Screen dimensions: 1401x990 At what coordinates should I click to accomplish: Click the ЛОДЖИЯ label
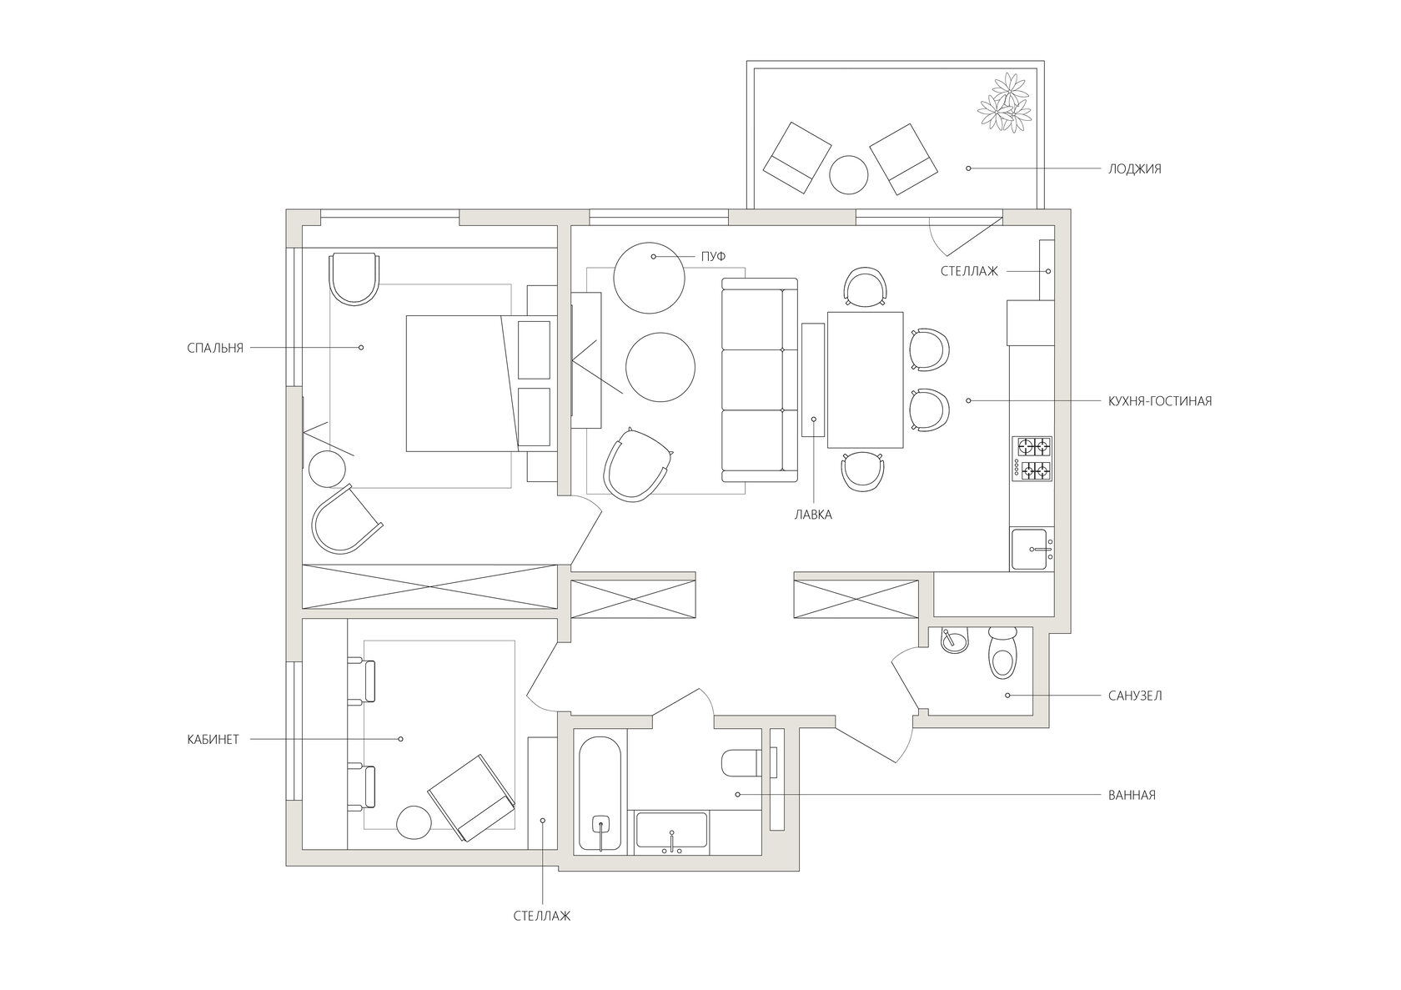(x=1134, y=168)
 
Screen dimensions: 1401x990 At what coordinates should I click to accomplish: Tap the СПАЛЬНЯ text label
(x=215, y=349)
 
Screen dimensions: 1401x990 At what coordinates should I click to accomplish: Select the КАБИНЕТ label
(x=213, y=740)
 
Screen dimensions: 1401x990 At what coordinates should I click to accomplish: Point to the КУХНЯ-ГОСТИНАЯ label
(x=1159, y=401)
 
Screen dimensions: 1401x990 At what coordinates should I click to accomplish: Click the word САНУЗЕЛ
(x=1134, y=696)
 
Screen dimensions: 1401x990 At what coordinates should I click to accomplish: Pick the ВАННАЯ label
(x=1132, y=796)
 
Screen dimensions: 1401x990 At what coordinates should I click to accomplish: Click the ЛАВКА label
(x=813, y=515)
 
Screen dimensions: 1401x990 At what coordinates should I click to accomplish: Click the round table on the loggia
(x=849, y=174)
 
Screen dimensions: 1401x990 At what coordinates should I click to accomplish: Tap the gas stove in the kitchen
(x=1032, y=459)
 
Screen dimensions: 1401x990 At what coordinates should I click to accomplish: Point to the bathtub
(x=600, y=794)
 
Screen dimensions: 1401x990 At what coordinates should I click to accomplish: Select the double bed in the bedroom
(x=479, y=384)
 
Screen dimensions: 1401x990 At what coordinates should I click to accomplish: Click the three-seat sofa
(x=760, y=379)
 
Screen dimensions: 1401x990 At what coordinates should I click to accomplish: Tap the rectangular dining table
(x=865, y=379)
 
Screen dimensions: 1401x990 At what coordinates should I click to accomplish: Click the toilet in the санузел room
(x=1003, y=653)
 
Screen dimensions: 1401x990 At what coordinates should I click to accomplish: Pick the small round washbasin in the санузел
(x=954, y=641)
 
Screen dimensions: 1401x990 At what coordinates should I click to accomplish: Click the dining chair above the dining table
(x=866, y=287)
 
